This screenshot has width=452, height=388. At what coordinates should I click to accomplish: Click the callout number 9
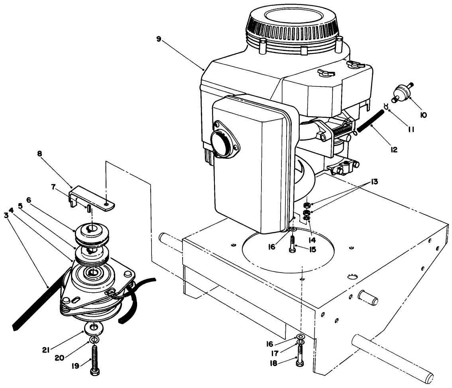click(x=159, y=39)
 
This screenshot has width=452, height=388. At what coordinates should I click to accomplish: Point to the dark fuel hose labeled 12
click(x=369, y=121)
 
